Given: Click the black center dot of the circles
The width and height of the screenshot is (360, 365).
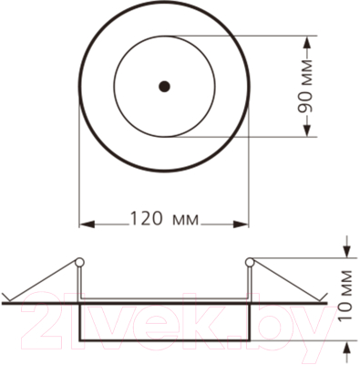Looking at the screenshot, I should tap(164, 87).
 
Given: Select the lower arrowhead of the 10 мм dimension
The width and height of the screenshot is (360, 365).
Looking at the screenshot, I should tap(348, 349).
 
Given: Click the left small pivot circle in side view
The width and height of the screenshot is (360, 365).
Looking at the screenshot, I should tap(80, 263).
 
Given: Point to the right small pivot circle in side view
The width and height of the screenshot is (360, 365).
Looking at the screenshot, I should tap(248, 263).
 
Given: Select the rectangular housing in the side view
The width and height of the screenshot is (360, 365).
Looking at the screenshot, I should tap(164, 324).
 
